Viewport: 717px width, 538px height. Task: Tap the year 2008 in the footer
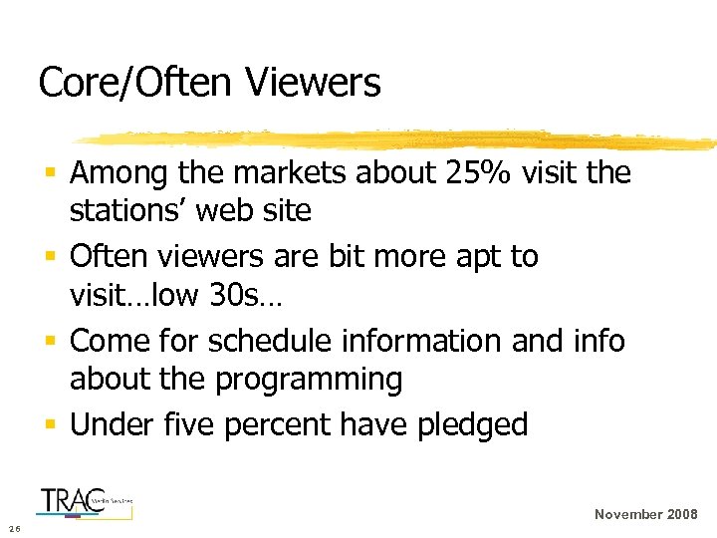pyautogui.click(x=680, y=515)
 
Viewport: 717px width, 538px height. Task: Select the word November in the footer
pyautogui.click(x=627, y=515)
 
